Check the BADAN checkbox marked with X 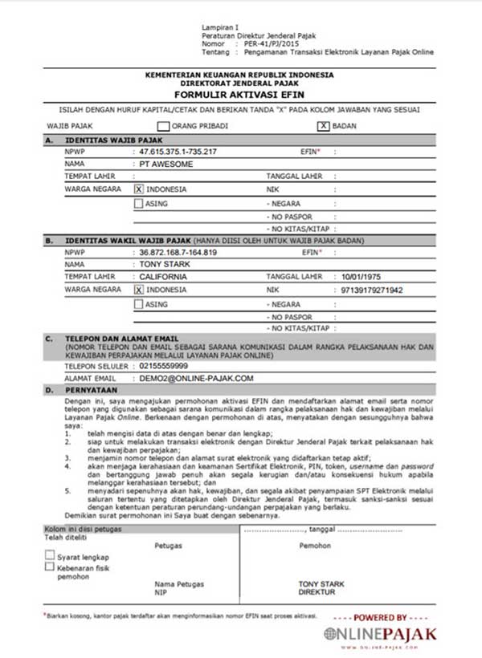[x=324, y=126]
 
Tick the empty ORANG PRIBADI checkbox [x=163, y=126]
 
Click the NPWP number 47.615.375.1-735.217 [x=178, y=151]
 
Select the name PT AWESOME [x=166, y=164]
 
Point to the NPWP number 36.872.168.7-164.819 [x=178, y=252]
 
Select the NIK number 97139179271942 [x=372, y=289]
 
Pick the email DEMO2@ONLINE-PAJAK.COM [x=196, y=377]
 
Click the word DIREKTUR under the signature [x=317, y=592]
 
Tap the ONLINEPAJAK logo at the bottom [x=381, y=634]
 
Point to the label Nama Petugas [x=179, y=584]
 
